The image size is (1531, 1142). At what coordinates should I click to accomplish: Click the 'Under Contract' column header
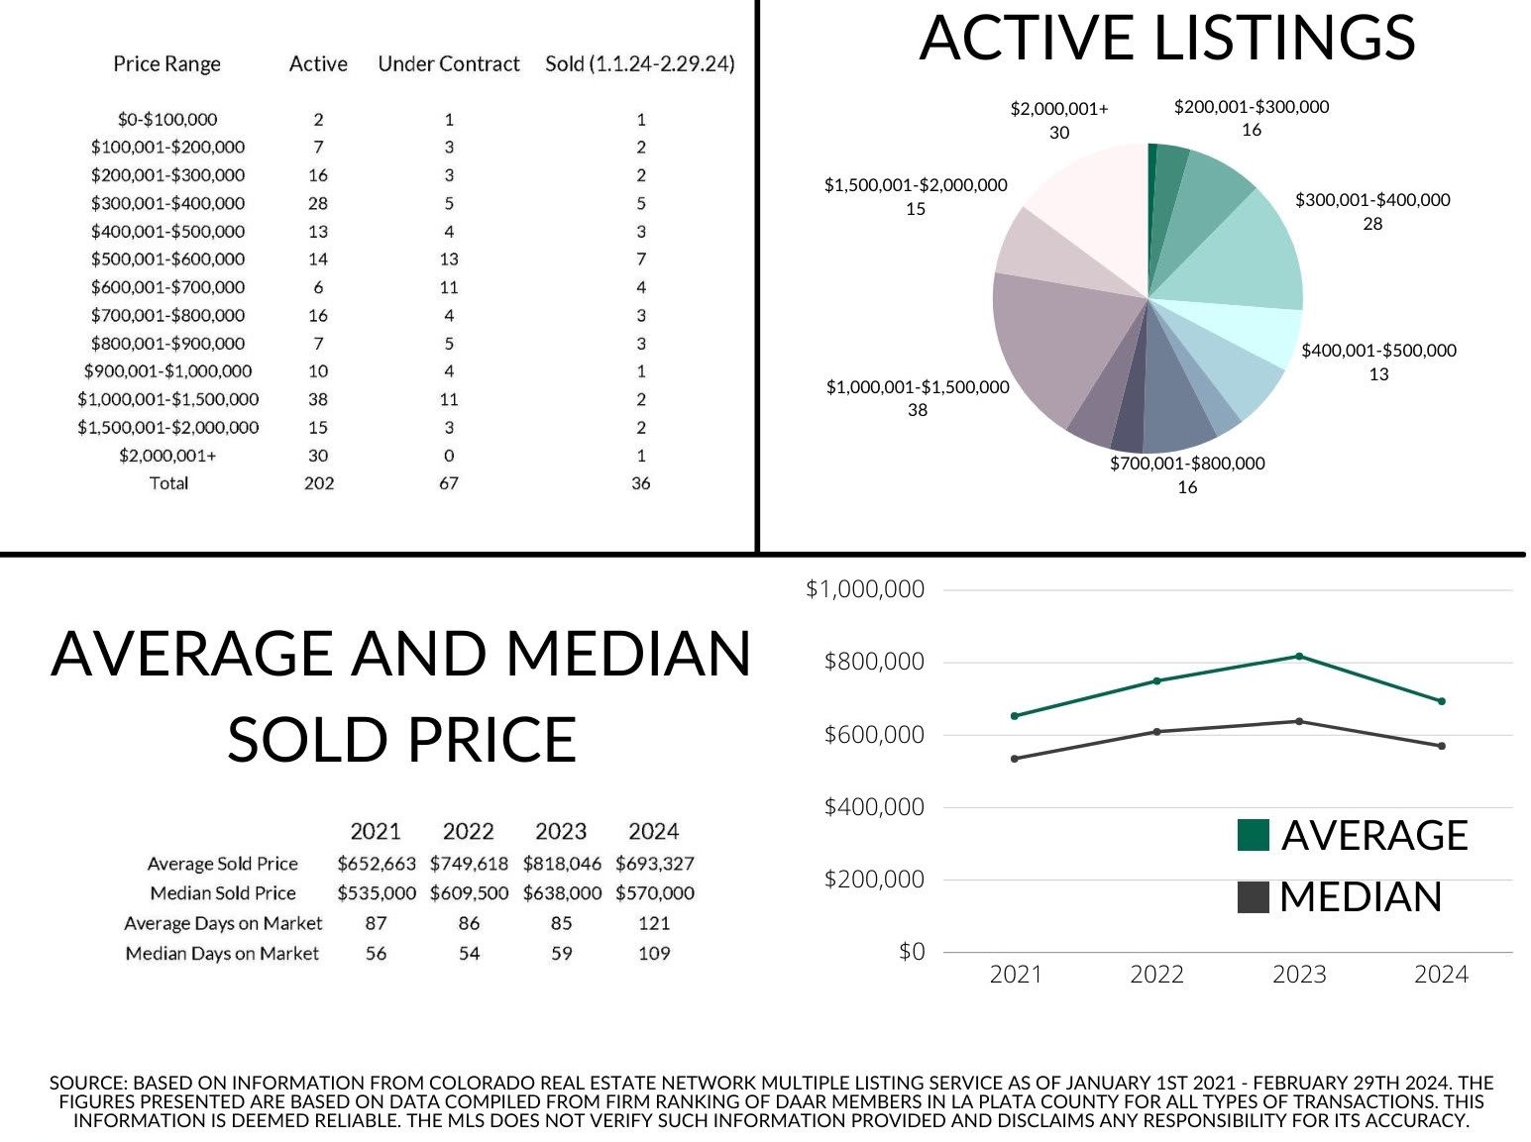tap(448, 64)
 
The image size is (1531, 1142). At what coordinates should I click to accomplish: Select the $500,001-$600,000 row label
tap(167, 260)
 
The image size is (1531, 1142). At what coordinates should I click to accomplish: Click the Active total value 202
tap(318, 483)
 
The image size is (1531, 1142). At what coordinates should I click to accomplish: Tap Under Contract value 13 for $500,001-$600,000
tap(448, 260)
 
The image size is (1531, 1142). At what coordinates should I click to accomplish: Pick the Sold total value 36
tap(640, 483)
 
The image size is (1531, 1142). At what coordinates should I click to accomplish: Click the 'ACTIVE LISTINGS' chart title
tap(1166, 38)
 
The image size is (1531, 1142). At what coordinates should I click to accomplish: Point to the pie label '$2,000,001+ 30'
tap(1059, 120)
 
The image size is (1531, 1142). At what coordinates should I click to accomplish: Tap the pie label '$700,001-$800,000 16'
tap(1187, 474)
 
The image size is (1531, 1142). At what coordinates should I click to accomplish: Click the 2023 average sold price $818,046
tap(562, 864)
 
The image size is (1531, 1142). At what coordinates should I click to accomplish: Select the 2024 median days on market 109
tap(654, 954)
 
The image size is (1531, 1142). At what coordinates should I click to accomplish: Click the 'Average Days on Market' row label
tap(223, 924)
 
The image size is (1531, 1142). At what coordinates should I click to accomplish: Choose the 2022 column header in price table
tap(468, 832)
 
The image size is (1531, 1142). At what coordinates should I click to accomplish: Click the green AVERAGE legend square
tap(1254, 835)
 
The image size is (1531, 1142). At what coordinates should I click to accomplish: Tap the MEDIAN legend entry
tap(1360, 897)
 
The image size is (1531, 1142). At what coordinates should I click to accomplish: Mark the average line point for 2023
tap(1299, 657)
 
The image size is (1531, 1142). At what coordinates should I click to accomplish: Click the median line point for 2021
tap(1015, 759)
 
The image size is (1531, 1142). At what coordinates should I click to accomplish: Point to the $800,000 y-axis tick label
tap(873, 662)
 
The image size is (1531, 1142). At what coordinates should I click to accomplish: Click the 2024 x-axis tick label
tap(1441, 975)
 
